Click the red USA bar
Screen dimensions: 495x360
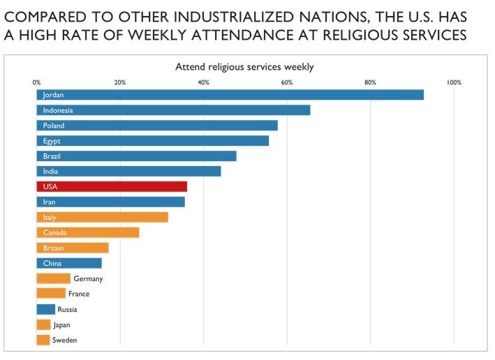112,186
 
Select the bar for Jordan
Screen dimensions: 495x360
230,95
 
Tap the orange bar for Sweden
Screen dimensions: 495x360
43,340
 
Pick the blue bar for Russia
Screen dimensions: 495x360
46,309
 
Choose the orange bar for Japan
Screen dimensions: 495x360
43,324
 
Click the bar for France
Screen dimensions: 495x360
51,293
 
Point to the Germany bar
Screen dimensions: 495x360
53,278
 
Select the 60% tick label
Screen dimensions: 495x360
287,82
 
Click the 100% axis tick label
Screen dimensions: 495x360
454,82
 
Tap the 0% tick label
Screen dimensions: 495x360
36,82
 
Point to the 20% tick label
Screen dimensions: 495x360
120,82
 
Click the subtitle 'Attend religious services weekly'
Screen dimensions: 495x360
244,67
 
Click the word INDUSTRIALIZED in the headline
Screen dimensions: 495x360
234,17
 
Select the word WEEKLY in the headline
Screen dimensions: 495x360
157,35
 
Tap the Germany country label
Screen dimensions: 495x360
89,279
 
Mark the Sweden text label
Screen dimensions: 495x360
65,340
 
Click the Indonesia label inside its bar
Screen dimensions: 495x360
58,110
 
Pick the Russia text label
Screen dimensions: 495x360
67,309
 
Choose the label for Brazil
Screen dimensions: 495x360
52,156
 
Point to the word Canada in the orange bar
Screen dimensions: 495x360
55,232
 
